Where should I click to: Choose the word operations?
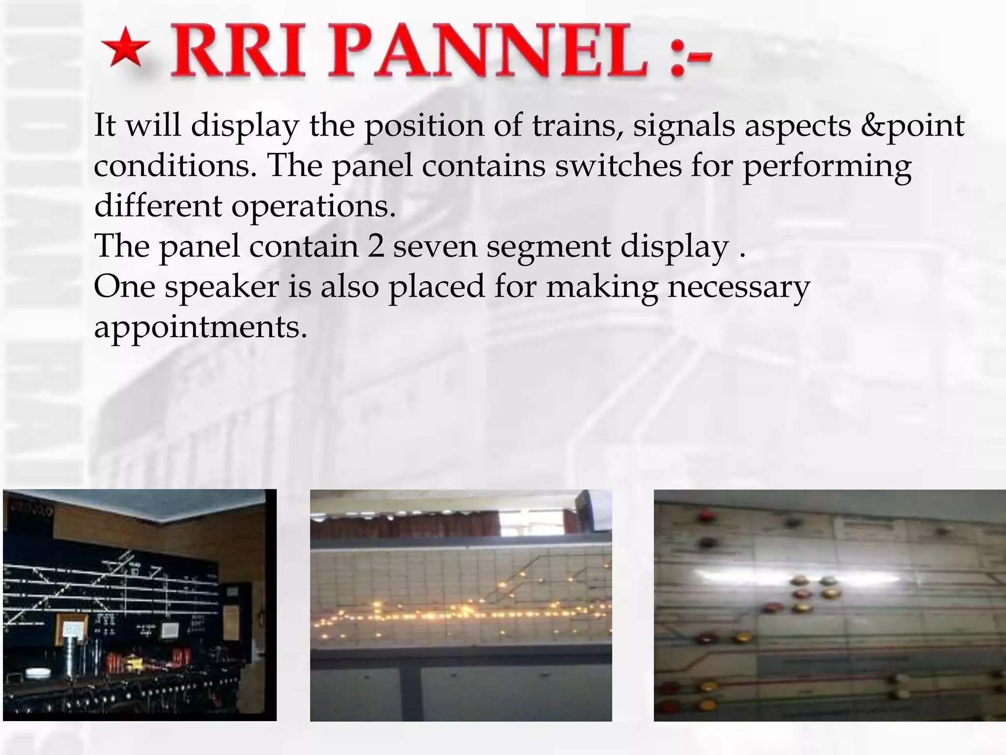click(313, 206)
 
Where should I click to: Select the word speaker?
click(222, 287)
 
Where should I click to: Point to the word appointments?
click(200, 327)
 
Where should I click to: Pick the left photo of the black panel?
click(140, 605)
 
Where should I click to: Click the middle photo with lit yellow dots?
click(461, 605)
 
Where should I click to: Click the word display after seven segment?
click(675, 247)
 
